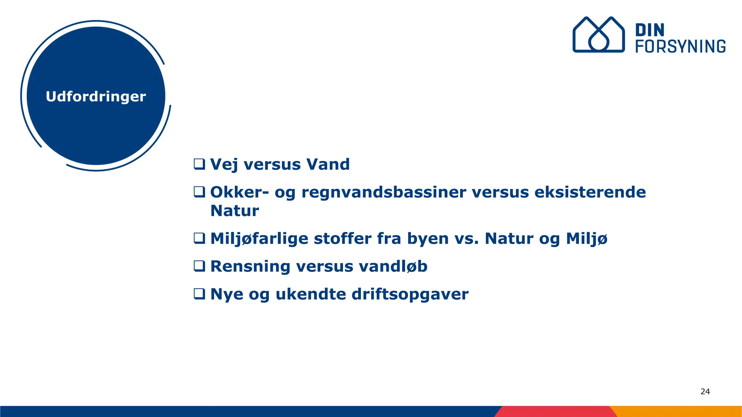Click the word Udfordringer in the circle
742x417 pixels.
[96, 97]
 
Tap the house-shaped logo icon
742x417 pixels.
[598, 35]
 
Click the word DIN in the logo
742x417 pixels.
[650, 30]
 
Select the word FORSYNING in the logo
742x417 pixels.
[680, 47]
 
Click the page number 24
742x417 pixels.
[705, 391]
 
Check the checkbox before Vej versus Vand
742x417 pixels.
[199, 164]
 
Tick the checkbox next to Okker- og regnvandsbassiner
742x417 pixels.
[199, 192]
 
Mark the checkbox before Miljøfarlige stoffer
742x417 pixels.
[199, 238]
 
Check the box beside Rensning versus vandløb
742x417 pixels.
[199, 266]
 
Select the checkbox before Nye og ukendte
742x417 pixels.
[199, 294]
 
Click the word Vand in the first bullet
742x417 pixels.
[328, 164]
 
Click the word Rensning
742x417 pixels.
[250, 267]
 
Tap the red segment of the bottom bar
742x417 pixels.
[554, 412]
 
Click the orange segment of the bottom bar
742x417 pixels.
[678, 412]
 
